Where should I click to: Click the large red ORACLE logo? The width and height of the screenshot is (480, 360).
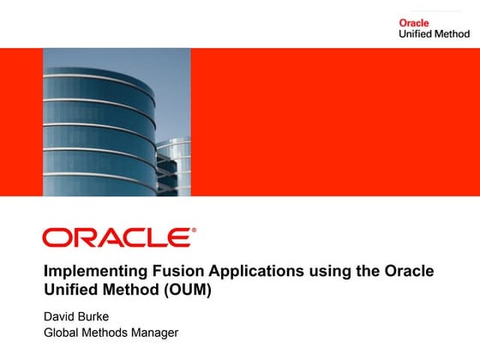(117, 237)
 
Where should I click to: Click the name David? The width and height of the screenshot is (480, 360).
(61, 315)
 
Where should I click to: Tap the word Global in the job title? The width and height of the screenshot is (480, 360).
(62, 333)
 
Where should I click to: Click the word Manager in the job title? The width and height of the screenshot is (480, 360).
(155, 333)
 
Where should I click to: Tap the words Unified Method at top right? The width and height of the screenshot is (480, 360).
(434, 34)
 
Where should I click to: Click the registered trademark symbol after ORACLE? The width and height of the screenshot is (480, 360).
(194, 230)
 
